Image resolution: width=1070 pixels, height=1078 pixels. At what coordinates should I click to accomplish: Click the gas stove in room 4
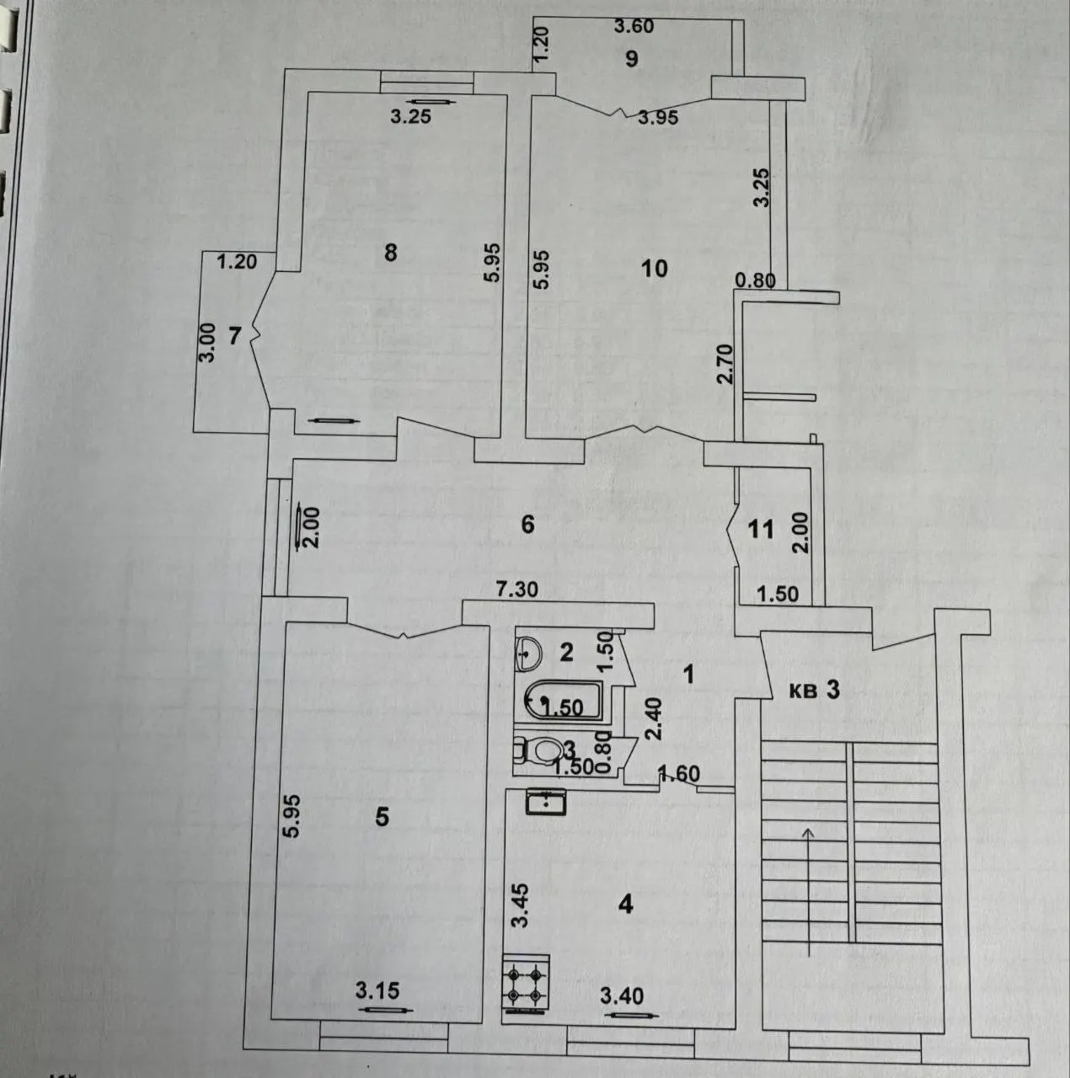click(527, 979)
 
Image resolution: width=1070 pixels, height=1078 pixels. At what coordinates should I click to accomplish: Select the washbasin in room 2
click(527, 653)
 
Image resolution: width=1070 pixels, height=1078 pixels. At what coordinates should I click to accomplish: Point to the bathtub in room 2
click(564, 699)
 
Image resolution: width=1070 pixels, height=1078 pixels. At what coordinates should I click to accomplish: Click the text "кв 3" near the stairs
click(815, 691)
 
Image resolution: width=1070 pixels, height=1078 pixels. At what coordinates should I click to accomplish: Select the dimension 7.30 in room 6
click(516, 589)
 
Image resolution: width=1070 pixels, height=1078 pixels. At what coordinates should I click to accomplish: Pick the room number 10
click(655, 269)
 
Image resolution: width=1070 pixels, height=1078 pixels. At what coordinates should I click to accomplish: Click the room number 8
click(391, 253)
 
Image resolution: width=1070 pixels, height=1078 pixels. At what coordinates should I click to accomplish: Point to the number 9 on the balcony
click(632, 58)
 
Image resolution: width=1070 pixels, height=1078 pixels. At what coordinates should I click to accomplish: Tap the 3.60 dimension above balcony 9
click(634, 26)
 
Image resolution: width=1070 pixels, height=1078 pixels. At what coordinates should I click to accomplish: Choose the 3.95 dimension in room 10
click(659, 118)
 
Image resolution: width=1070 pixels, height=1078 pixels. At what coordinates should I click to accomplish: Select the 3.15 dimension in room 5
click(378, 990)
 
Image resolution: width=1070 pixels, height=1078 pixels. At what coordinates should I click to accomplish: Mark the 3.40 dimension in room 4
click(622, 995)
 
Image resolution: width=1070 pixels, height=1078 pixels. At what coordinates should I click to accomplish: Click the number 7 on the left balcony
click(235, 336)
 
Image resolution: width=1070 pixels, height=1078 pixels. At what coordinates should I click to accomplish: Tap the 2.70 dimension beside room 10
click(725, 364)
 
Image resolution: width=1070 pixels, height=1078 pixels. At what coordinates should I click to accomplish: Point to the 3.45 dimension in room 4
click(521, 914)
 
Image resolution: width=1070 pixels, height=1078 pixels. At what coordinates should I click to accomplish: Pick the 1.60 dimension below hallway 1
click(680, 774)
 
